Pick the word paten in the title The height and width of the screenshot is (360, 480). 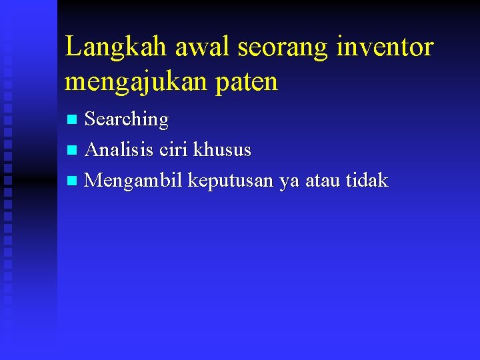(251, 82)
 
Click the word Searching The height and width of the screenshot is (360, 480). (127, 120)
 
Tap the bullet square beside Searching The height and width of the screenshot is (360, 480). (73, 120)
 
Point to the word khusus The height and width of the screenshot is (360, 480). (222, 150)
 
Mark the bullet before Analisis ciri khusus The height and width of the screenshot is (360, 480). (73, 151)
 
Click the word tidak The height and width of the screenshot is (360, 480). (367, 180)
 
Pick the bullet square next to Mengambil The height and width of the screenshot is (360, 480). (73, 181)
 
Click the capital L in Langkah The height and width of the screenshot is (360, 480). (73, 47)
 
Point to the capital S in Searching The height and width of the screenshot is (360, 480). (91, 119)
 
